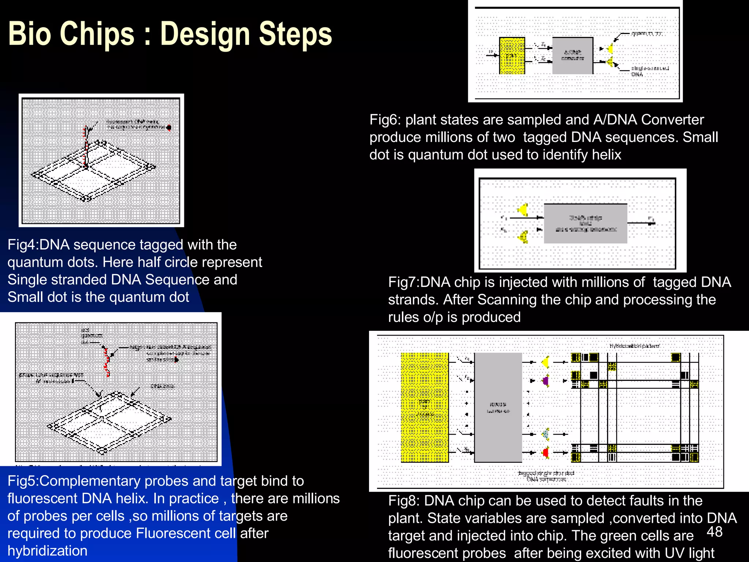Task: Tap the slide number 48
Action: tap(714, 532)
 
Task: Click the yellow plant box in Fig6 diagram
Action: tap(512, 56)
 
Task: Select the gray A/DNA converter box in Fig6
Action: tap(572, 56)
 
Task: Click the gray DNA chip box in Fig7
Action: tap(585, 224)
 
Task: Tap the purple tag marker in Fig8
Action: tap(546, 381)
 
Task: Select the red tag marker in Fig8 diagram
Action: tap(546, 453)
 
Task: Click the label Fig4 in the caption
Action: tap(22, 245)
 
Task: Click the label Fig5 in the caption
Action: tap(22, 481)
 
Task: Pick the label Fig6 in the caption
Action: tap(385, 120)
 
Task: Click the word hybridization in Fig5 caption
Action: tap(48, 551)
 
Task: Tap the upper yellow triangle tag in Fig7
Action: tap(523, 210)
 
